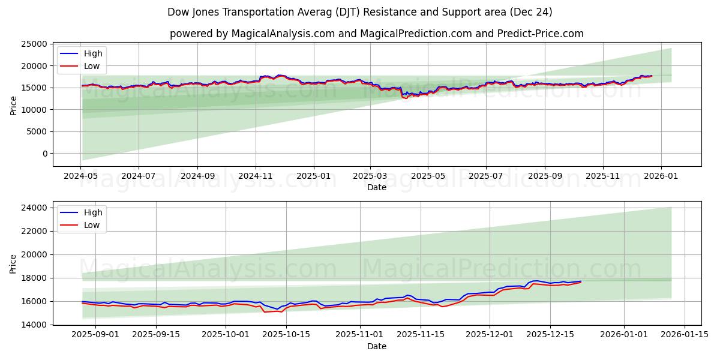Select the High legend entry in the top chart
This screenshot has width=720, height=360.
(x=93, y=53)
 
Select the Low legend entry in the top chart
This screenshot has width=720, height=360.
(x=92, y=67)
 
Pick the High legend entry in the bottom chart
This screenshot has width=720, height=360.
(x=93, y=212)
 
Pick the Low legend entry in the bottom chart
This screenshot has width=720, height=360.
(x=92, y=225)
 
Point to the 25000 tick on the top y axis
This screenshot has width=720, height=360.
(x=34, y=44)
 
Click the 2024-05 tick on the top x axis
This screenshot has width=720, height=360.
(x=81, y=176)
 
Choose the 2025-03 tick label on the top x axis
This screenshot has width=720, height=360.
(x=370, y=176)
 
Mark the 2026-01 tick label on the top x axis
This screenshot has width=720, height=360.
(x=661, y=176)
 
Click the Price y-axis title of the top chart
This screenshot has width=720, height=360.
(x=14, y=104)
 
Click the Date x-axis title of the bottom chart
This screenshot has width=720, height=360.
(x=376, y=346)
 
